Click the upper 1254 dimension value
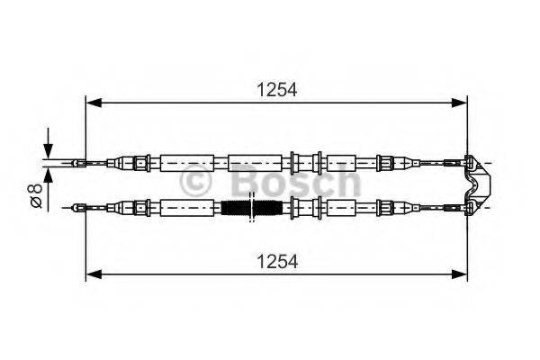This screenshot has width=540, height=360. point(277,89)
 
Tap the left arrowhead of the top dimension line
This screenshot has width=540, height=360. point(92,103)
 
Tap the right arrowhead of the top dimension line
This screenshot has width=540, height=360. point(463,103)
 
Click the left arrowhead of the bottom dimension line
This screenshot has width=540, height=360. point(92,273)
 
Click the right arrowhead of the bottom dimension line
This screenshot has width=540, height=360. point(463,273)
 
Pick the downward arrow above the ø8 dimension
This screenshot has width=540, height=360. point(48,148)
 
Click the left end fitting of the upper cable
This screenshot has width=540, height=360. point(79,163)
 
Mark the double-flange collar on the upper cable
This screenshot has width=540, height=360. point(305,163)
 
